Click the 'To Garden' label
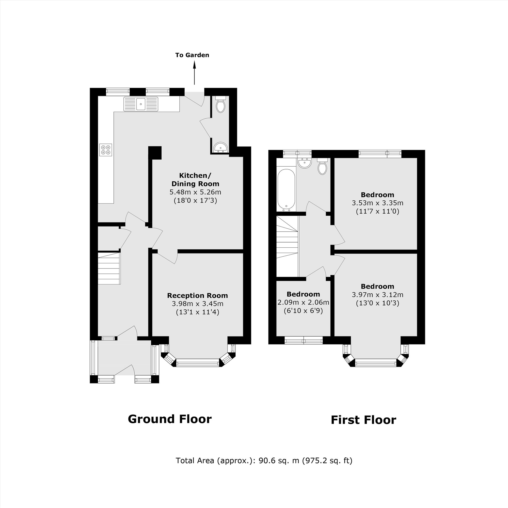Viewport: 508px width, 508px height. [192, 55]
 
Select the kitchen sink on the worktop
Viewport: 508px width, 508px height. [141, 104]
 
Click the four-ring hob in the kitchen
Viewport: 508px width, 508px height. [105, 150]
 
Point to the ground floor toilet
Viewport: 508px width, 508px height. [220, 105]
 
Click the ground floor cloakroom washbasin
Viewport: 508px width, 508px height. [220, 148]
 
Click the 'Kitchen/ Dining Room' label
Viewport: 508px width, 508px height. [195, 179]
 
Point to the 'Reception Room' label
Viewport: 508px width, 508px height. [197, 296]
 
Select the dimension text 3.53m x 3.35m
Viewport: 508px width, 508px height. [377, 203]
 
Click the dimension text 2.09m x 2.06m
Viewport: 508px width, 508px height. [303, 302]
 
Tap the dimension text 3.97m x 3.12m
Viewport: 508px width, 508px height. [377, 295]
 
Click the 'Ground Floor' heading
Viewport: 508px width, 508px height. [170, 419]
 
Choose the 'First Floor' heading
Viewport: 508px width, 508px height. [363, 420]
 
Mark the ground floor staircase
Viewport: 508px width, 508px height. [109, 268]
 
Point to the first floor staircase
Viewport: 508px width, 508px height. [287, 246]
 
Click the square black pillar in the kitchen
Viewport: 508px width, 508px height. [155, 152]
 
